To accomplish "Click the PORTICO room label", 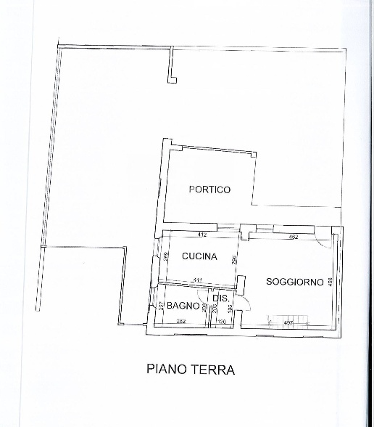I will [x=209, y=190].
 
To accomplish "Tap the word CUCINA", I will [x=199, y=256].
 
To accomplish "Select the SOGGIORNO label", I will [x=294, y=282].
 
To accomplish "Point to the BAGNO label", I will [x=183, y=306].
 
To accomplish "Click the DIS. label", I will [x=221, y=298].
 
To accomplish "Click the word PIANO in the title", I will [x=166, y=370].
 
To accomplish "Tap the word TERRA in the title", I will [x=212, y=370].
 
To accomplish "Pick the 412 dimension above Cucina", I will [x=202, y=235].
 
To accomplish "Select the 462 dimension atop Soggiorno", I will [x=294, y=236].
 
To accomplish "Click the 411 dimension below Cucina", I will [x=196, y=280].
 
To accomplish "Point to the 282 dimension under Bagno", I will [x=180, y=322].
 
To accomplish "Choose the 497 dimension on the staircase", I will [x=288, y=322].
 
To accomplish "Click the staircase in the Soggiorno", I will [x=287, y=320].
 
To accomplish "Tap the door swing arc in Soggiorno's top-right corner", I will [x=328, y=243].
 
